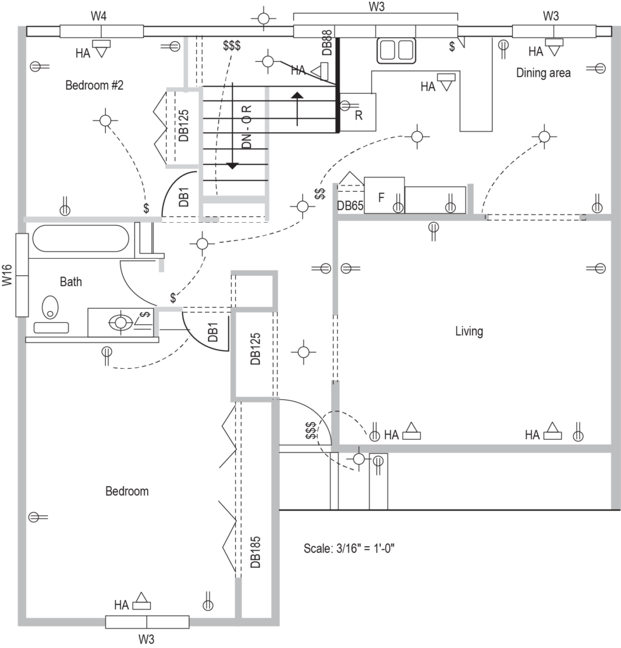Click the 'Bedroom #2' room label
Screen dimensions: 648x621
click(94, 85)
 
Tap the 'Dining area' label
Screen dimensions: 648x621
click(543, 73)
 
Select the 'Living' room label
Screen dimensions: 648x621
click(469, 331)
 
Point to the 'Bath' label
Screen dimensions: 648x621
click(71, 282)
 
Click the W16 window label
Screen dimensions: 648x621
click(7, 275)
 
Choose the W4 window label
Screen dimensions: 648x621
click(98, 16)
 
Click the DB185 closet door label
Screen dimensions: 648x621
click(255, 550)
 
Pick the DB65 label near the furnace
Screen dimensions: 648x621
click(350, 206)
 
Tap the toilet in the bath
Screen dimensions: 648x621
click(49, 309)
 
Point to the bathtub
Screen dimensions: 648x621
click(80, 239)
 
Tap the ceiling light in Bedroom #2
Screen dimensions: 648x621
click(105, 120)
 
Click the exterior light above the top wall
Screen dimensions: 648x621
click(263, 17)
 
